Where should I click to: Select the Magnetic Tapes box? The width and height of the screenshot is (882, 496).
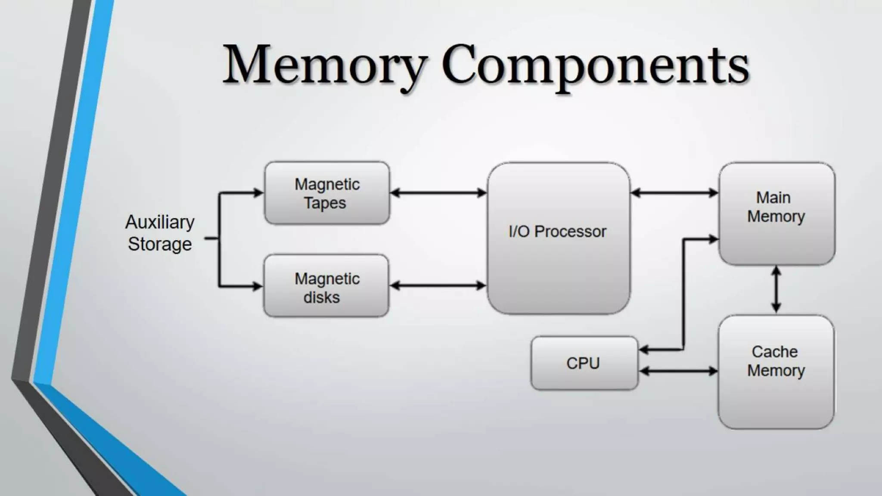tap(327, 193)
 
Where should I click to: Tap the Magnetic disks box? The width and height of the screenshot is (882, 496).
tap(326, 286)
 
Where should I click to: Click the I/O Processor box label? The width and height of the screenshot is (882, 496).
tap(557, 232)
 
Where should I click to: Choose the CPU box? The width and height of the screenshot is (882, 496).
tap(584, 363)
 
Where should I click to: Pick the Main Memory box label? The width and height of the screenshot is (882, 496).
tap(776, 207)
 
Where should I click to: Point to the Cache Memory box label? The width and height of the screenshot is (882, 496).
tap(776, 361)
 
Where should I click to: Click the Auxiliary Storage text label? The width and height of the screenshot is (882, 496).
tap(160, 233)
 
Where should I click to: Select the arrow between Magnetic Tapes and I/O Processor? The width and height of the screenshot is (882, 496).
tap(438, 193)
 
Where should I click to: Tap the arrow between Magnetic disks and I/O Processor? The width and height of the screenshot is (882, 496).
tap(438, 285)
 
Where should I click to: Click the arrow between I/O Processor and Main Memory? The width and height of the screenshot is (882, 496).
tap(674, 193)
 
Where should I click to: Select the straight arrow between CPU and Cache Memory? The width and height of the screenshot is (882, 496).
tap(678, 371)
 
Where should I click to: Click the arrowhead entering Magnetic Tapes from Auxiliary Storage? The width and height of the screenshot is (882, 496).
tap(258, 192)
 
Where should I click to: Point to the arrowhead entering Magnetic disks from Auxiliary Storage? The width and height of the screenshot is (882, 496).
tap(258, 286)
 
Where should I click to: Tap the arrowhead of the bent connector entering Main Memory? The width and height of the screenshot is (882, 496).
tap(714, 239)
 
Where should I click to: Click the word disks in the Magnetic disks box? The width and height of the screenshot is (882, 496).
tap(321, 298)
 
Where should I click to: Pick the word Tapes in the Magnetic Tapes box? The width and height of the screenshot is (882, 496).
tap(325, 203)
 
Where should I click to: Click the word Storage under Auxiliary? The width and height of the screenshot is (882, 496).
tap(160, 245)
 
